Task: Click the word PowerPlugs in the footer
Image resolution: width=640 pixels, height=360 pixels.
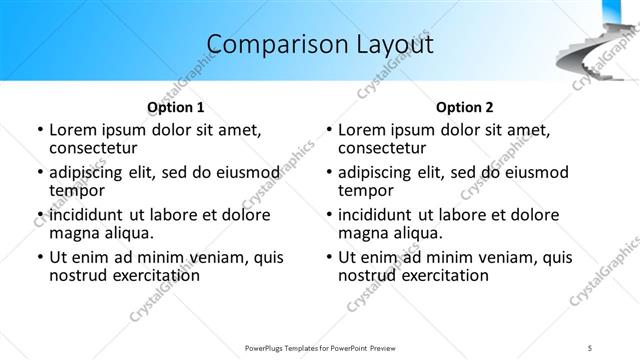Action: click(268, 348)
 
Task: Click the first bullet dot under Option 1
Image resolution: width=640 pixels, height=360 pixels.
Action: click(39, 130)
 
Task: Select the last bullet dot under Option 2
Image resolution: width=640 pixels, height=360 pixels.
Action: click(329, 258)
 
